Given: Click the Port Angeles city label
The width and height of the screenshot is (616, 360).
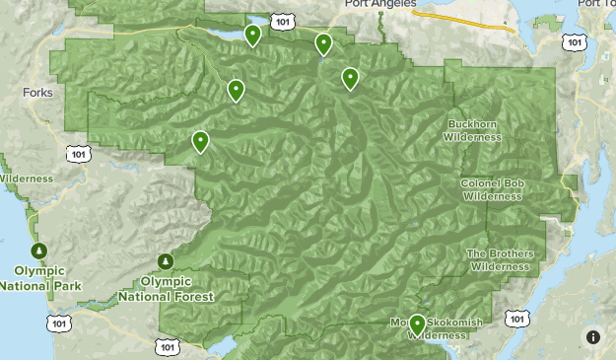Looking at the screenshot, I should click(376, 4).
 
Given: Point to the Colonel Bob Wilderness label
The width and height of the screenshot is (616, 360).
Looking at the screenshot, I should click(491, 190).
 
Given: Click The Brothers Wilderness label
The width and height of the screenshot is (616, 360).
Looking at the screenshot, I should click(500, 259).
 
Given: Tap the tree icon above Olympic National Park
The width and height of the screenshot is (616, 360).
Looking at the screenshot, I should click(38, 251).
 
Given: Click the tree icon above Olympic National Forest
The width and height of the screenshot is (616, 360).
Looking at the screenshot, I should click(166, 261).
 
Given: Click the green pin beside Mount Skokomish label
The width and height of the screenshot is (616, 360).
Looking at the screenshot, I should click(417, 324).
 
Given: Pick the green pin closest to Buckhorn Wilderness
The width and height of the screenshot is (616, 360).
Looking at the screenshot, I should click(350, 78).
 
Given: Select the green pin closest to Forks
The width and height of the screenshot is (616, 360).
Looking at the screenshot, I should click(200, 142).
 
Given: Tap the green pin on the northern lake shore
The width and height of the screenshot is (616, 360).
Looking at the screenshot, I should click(252, 36).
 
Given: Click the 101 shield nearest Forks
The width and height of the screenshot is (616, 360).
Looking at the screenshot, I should click(79, 153).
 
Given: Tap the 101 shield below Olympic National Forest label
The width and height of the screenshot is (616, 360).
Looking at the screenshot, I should click(166, 346).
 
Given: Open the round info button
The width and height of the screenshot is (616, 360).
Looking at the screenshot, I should click(593, 337).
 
